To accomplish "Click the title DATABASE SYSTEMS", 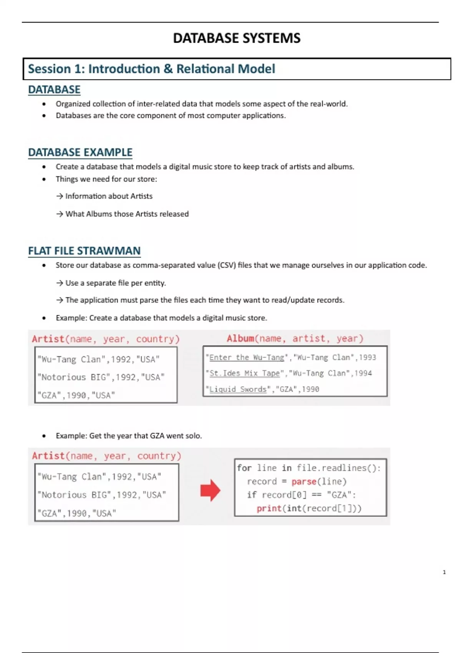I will (237, 38).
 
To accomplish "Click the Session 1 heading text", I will (151, 69).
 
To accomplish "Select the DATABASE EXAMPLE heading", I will (80, 152).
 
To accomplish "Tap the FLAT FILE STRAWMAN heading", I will (84, 251).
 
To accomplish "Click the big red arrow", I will (210, 490).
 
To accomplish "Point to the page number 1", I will (444, 572).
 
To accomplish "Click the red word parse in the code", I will (303, 482).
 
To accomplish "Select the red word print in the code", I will (269, 509).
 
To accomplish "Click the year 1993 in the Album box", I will (367, 358).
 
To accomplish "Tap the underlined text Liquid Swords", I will (238, 389).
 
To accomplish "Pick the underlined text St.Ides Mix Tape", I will (244, 373).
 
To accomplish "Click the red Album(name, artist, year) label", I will (295, 338).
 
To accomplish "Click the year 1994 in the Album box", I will (363, 373).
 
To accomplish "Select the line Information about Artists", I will (109, 196).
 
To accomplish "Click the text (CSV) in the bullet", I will (227, 265).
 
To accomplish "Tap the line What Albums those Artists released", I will (127, 214).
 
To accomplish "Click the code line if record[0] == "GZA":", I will (302, 495).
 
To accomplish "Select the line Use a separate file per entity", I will (115, 283).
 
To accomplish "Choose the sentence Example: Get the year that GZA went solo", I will (129, 436).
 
